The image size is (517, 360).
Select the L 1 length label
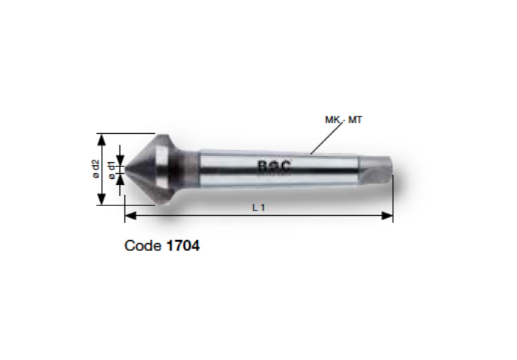coord(258,208)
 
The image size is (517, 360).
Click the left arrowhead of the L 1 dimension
coord(130,216)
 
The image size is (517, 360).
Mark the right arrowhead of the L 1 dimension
coord(388,216)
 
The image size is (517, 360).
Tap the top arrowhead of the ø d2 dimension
coord(102,138)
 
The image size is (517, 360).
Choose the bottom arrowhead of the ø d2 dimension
coord(102,201)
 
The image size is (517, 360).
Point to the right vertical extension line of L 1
coord(393,199)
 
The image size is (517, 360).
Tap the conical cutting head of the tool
coord(151,169)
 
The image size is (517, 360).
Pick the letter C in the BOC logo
coord(284,167)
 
